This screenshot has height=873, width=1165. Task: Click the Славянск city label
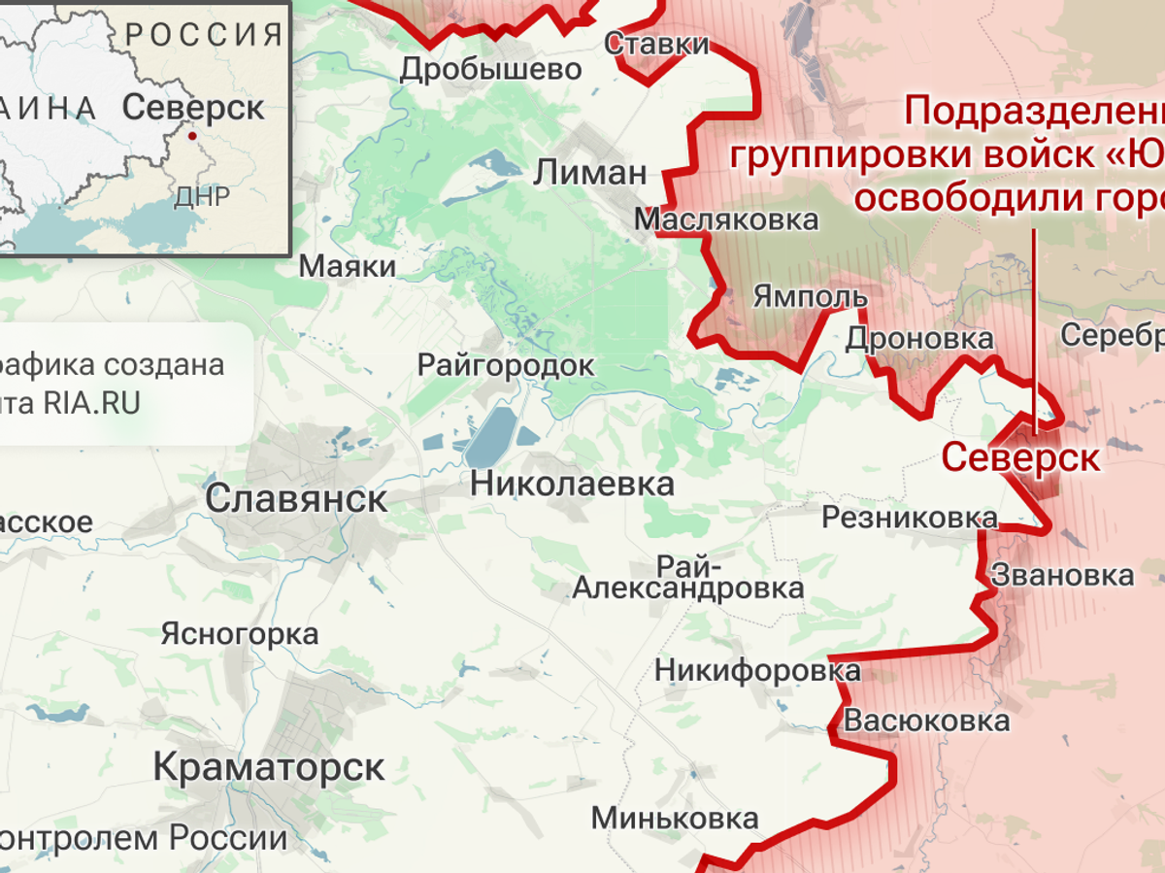(296, 500)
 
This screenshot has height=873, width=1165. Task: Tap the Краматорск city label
(269, 768)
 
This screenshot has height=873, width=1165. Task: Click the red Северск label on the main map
(1020, 457)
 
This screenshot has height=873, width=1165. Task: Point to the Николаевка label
(572, 484)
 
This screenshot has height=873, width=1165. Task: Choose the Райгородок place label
(505, 365)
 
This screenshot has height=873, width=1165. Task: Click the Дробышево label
(491, 69)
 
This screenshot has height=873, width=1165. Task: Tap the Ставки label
(656, 44)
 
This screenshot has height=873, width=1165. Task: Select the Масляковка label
(726, 219)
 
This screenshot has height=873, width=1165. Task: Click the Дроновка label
(919, 339)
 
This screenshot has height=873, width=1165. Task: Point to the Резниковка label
(909, 518)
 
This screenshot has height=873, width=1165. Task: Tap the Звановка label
(1062, 575)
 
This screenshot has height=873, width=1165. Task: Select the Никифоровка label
(757, 670)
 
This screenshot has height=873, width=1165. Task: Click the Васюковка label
(926, 722)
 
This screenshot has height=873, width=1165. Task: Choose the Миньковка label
(675, 818)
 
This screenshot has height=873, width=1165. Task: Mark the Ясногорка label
(239, 634)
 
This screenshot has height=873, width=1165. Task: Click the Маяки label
(348, 266)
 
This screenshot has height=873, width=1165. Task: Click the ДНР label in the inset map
(202, 198)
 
